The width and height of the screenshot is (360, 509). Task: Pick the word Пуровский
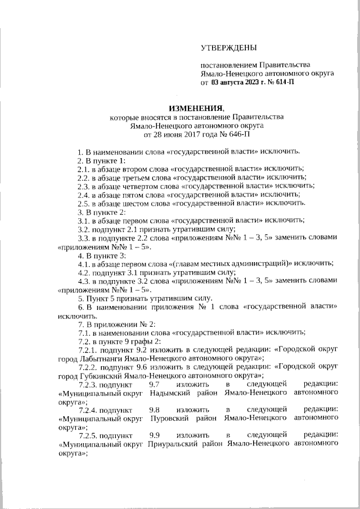(x=172, y=419)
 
